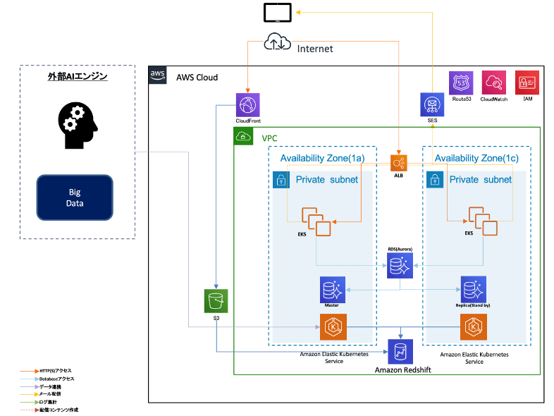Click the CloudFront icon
click(248, 105)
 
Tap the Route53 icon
click(462, 83)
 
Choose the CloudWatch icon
click(493, 83)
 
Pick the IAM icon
click(527, 83)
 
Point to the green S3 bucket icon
click(214, 301)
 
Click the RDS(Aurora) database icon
click(399, 267)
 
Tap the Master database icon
click(332, 289)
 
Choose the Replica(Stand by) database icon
click(472, 289)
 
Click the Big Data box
click(75, 197)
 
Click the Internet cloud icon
click(276, 43)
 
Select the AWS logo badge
click(158, 75)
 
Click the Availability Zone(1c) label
click(476, 159)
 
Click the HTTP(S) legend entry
click(54, 370)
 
